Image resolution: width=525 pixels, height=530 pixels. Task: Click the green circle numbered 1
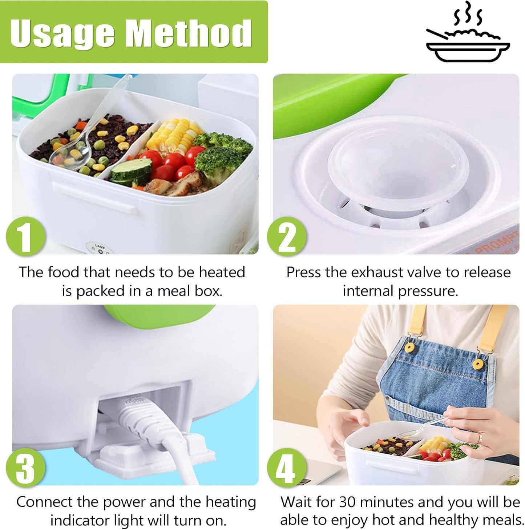25,238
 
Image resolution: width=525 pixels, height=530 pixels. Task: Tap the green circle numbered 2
287,238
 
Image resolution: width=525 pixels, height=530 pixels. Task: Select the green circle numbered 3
25,468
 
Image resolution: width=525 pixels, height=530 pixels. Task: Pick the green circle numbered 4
287,468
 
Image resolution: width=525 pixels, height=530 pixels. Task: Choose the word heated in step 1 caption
222,272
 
